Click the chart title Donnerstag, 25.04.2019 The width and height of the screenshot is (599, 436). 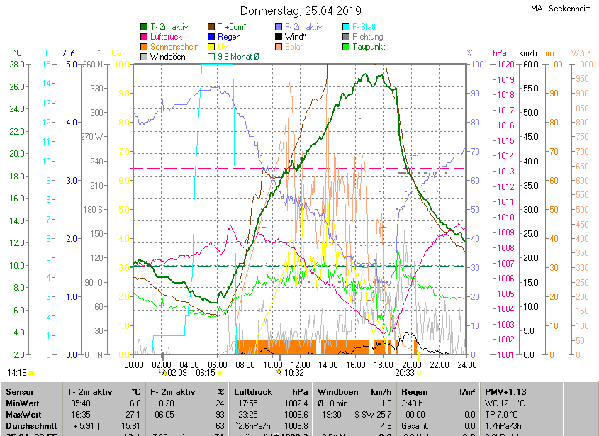pyautogui.click(x=301, y=11)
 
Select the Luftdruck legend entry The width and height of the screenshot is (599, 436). pyautogui.click(x=166, y=37)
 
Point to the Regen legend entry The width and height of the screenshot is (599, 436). pyautogui.click(x=229, y=37)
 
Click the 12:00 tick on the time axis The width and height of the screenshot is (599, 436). pyautogui.click(x=300, y=364)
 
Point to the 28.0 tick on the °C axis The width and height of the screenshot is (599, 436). pyautogui.click(x=17, y=65)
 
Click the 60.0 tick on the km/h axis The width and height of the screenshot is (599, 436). pyautogui.click(x=530, y=65)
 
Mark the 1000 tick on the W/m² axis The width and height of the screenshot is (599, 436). pyautogui.click(x=581, y=65)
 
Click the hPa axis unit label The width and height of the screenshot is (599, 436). pyautogui.click(x=499, y=53)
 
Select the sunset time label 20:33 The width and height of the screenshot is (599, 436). pyautogui.click(x=405, y=372)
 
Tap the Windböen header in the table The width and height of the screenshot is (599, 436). pyautogui.click(x=337, y=391)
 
